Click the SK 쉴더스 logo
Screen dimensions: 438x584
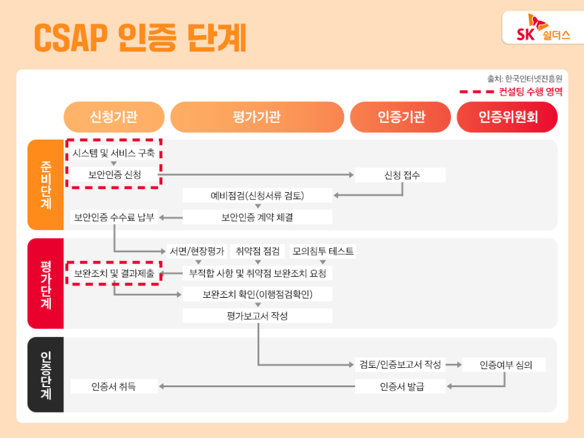pos(543,28)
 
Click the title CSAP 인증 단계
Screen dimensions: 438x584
pos(140,37)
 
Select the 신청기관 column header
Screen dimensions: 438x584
pos(114,117)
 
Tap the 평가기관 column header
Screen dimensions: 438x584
pos(257,117)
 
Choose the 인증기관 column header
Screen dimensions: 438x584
pos(400,117)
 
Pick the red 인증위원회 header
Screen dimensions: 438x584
pos(507,117)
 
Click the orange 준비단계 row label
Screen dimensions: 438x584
pos(45,184)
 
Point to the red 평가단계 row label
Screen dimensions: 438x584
pos(45,283)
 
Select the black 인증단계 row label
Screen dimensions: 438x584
pos(45,375)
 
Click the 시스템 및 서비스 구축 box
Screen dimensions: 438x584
pos(114,153)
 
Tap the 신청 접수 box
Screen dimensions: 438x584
pos(400,175)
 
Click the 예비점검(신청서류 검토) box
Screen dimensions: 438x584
pos(258,196)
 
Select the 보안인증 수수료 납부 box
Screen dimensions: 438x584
pos(114,217)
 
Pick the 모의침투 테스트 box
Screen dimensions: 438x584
pos(323,251)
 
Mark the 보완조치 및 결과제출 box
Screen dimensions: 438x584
pos(114,274)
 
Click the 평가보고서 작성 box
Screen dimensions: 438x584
pos(258,316)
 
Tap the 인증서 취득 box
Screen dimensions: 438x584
pos(114,386)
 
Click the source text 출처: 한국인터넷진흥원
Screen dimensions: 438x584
pos(525,79)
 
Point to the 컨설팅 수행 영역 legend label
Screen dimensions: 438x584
pos(530,92)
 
